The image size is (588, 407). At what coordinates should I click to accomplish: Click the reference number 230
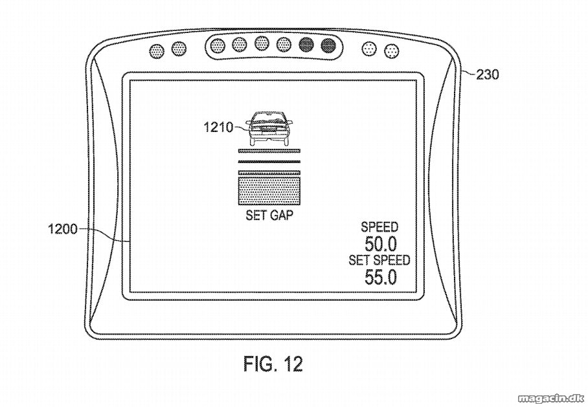tap(488, 75)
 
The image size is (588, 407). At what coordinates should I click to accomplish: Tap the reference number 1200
tap(62, 228)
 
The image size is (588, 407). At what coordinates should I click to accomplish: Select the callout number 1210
tap(218, 127)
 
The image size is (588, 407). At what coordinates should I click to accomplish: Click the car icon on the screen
tap(269, 129)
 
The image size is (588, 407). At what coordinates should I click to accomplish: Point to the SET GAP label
tap(269, 215)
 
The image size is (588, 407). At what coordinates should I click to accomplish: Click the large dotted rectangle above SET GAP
tap(269, 191)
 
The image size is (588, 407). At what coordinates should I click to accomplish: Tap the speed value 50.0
tap(380, 245)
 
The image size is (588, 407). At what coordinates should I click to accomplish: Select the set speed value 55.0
tap(380, 278)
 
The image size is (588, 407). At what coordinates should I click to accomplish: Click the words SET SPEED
tap(379, 260)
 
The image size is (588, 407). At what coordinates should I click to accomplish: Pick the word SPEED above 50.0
tap(379, 227)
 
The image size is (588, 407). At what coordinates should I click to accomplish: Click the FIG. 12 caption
tap(273, 363)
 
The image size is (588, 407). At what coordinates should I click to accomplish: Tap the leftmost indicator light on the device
tap(157, 50)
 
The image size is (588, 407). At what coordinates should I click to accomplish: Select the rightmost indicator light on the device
tap(392, 50)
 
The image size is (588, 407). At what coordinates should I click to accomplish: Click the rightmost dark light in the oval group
tap(328, 46)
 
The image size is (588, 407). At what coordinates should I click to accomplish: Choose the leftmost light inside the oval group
tap(218, 46)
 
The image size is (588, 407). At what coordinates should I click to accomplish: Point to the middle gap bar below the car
tap(269, 162)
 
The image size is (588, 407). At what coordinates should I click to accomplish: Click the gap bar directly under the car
tap(269, 151)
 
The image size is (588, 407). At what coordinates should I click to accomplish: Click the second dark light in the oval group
tap(328, 46)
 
